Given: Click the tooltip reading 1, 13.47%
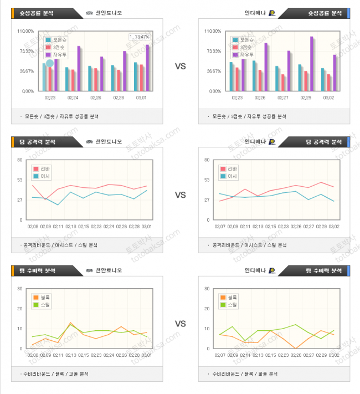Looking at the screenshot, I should pyautogui.click(x=139, y=37).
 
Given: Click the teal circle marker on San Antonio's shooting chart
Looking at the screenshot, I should pyautogui.click(x=50, y=64).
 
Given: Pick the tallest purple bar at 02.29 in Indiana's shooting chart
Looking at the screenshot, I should pyautogui.click(x=311, y=63).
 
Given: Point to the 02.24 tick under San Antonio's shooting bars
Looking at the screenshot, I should pyautogui.click(x=73, y=98).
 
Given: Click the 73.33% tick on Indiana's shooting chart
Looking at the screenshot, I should pyautogui.click(x=214, y=51).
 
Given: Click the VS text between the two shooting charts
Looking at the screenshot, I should pyautogui.click(x=180, y=66).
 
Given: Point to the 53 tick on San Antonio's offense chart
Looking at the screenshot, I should pyautogui.click(x=19, y=180).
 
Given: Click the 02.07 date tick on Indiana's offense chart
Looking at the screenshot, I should pyautogui.click(x=220, y=226).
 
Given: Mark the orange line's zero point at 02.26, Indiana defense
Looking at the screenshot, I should pyautogui.click(x=296, y=348).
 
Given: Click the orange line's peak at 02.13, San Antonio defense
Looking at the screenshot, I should pyautogui.click(x=71, y=323).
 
